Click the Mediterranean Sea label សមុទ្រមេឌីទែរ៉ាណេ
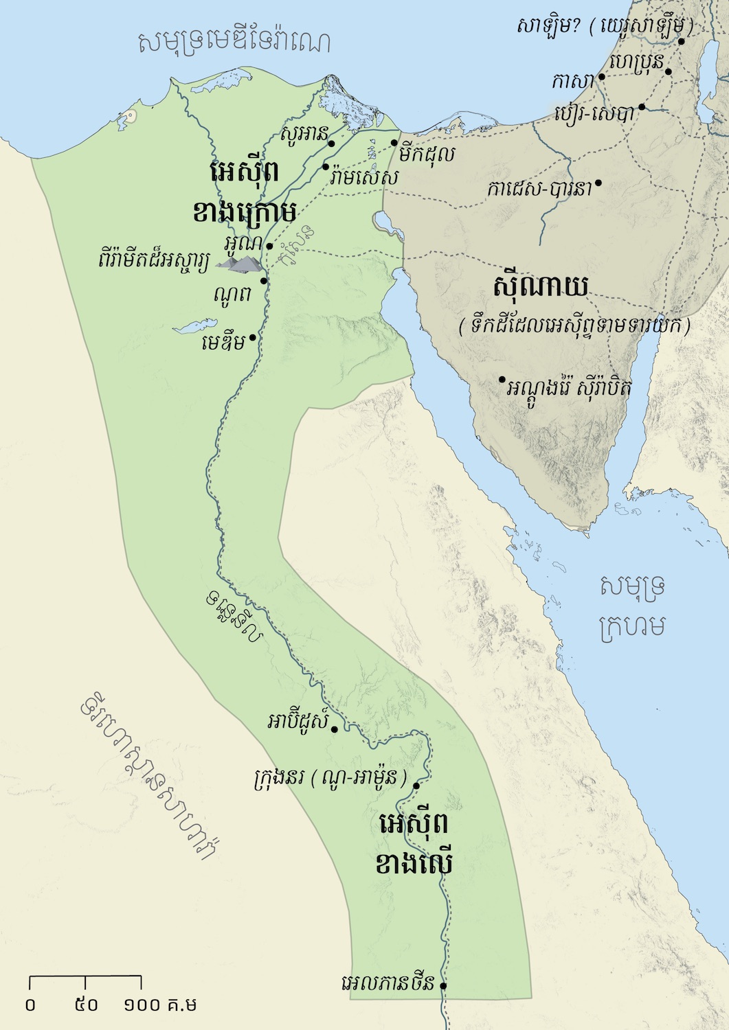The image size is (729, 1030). (x=234, y=43)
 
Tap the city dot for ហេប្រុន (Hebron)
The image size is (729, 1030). (x=667, y=70)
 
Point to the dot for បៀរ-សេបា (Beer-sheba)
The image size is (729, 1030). (x=642, y=107)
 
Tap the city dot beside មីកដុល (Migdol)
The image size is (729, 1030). (x=394, y=143)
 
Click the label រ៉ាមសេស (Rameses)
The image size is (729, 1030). (x=363, y=177)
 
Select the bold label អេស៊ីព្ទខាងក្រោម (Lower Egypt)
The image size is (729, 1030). (x=244, y=192)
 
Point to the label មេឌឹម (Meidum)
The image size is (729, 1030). (x=223, y=341)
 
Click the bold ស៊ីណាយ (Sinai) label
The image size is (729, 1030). (x=541, y=287)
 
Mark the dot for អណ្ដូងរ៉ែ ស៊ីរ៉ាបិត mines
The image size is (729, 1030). (x=502, y=380)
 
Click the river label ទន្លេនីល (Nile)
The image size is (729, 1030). (x=234, y=618)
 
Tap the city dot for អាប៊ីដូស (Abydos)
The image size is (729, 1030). (x=335, y=729)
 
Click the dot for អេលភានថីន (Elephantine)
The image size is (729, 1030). (x=443, y=985)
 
